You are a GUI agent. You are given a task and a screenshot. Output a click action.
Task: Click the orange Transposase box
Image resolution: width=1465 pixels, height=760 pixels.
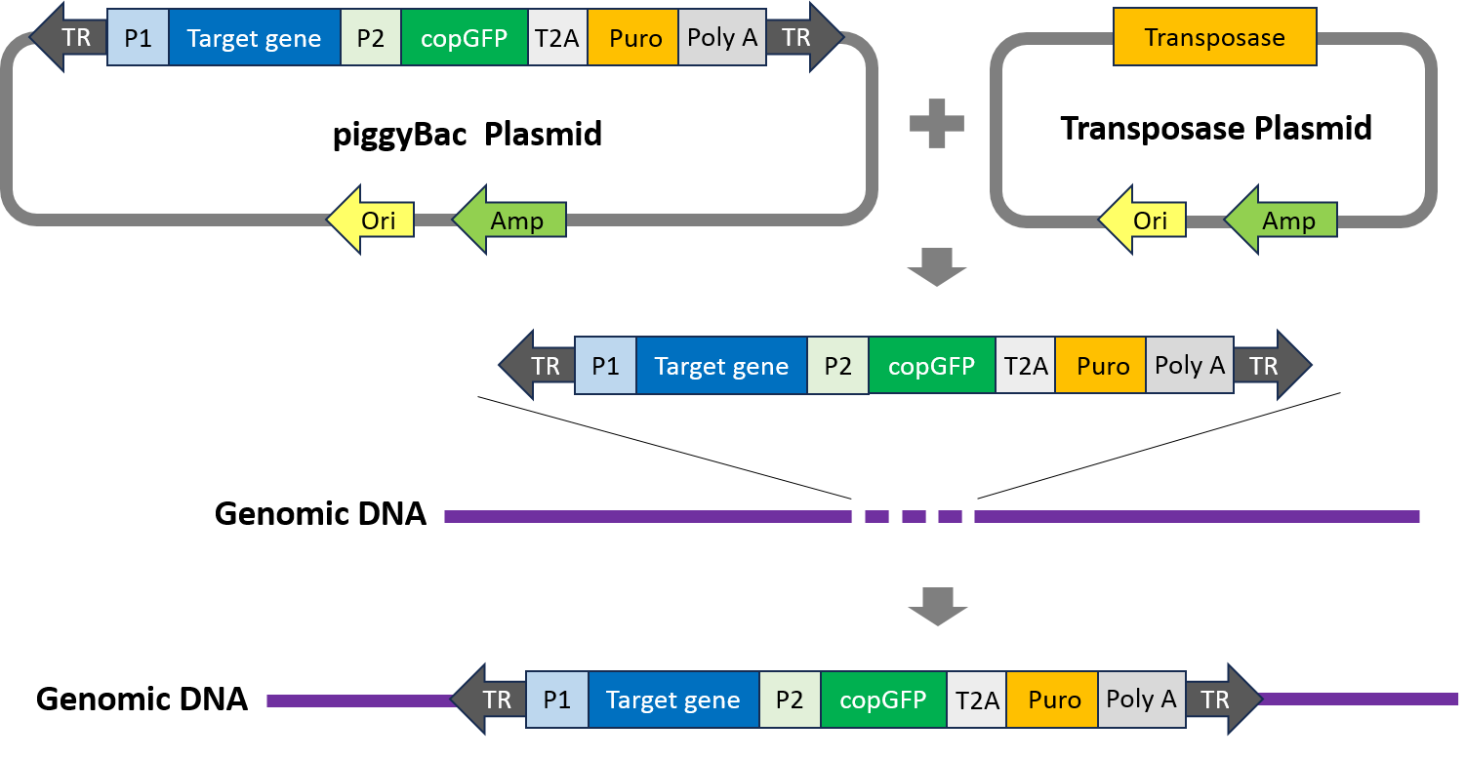tap(1214, 38)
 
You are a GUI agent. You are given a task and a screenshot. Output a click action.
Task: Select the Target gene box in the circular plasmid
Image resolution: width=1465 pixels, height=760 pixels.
tap(254, 38)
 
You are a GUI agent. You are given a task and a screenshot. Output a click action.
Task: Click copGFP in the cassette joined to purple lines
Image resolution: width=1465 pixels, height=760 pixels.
tap(882, 700)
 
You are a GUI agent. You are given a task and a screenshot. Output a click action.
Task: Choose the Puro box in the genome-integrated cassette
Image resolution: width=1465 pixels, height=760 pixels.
tap(1053, 700)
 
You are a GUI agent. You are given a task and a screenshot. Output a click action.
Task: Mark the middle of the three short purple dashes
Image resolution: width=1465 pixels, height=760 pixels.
tap(914, 516)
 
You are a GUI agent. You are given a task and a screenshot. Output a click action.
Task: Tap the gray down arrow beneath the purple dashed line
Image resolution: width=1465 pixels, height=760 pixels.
tap(937, 606)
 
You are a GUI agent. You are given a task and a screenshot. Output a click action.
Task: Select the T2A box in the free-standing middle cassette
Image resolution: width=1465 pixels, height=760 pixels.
tap(1025, 366)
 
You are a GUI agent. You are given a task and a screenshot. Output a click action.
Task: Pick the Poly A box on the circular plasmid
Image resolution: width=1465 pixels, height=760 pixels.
tap(721, 38)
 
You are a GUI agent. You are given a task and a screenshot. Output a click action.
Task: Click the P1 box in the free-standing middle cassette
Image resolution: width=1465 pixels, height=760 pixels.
tap(605, 366)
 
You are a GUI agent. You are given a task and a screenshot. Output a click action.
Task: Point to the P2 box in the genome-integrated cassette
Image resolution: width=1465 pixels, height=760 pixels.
tap(790, 700)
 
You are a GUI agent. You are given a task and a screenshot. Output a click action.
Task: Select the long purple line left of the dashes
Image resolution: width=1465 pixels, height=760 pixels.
tap(647, 516)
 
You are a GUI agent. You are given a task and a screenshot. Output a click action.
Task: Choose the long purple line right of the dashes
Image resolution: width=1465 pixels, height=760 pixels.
tap(1196, 516)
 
